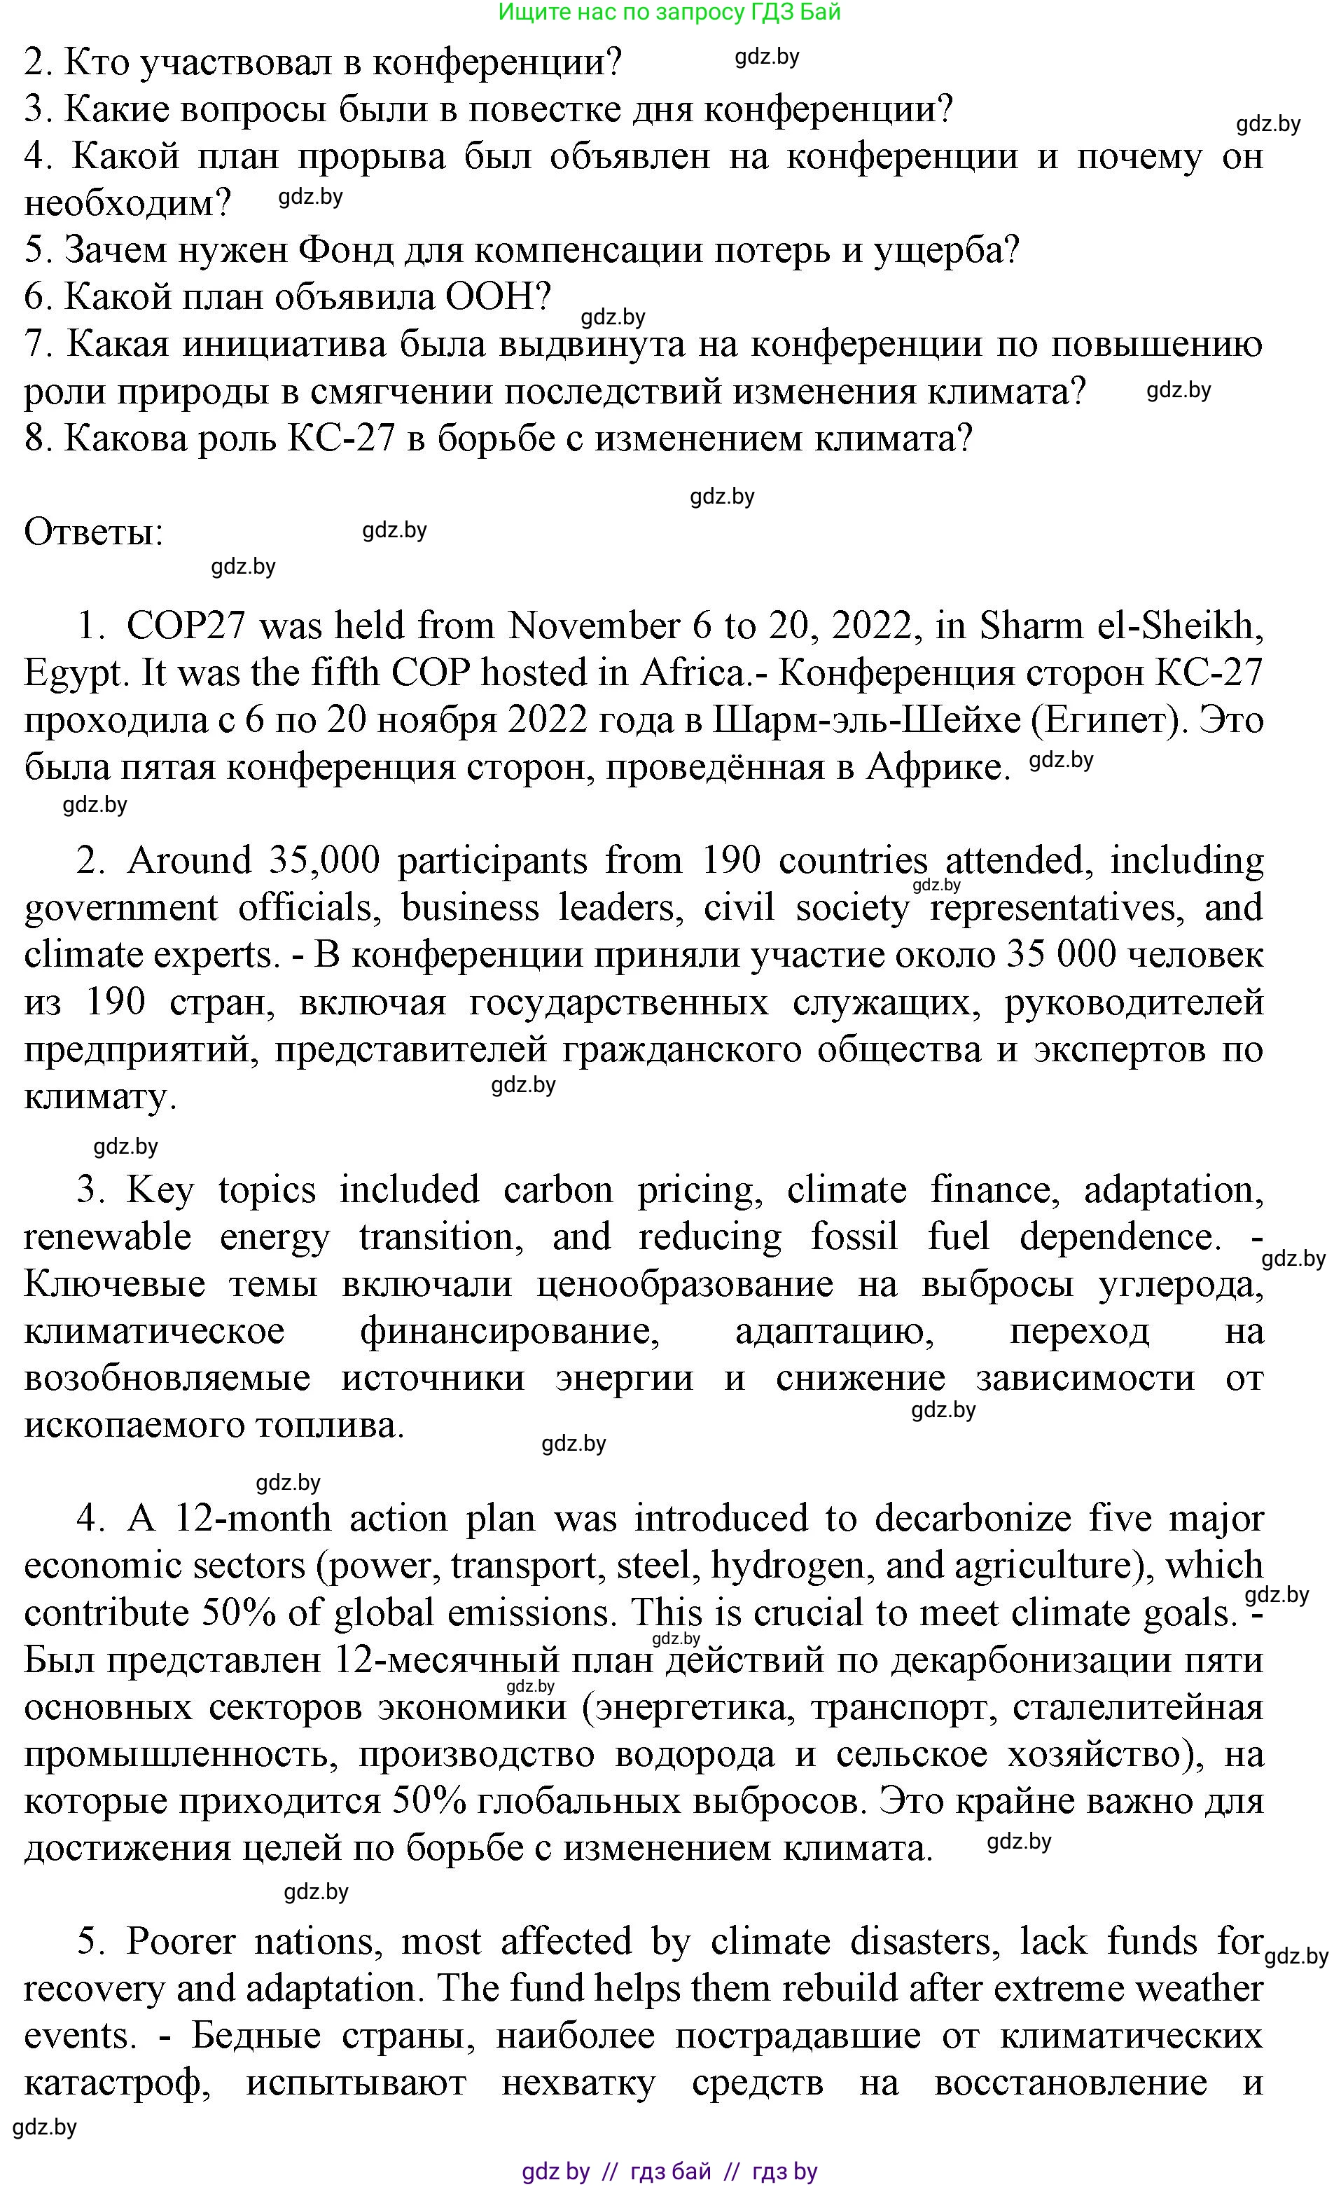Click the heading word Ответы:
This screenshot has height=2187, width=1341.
[x=93, y=532]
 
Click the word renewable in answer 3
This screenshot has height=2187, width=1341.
[x=107, y=1237]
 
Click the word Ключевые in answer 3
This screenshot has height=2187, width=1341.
[x=114, y=1284]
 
